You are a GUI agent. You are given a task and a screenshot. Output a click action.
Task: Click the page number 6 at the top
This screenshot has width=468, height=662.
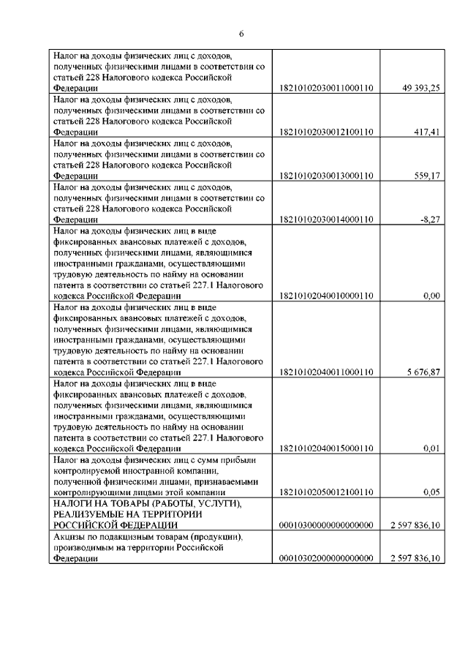coord(241,33)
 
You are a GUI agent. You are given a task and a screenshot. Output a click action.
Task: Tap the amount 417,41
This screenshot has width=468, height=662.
coord(426,132)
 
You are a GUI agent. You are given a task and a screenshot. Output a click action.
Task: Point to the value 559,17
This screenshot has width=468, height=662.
coord(426,176)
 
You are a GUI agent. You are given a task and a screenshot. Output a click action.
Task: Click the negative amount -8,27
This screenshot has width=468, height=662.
coord(429,219)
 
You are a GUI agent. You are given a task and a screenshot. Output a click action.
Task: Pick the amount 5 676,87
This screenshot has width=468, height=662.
coord(420,372)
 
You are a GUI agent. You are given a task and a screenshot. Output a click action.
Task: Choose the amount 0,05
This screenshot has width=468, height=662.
coord(431,493)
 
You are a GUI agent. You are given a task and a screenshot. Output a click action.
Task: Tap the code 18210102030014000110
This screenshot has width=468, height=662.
coord(326,219)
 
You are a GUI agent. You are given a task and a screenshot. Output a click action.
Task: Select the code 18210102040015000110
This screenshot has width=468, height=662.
coord(326,448)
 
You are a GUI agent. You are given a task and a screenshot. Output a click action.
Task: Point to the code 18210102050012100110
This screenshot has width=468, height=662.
coord(326,493)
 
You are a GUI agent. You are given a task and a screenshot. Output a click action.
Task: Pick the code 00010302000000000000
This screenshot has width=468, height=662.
coord(326,559)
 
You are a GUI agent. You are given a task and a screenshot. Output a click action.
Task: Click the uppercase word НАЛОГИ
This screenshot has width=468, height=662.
coord(72,504)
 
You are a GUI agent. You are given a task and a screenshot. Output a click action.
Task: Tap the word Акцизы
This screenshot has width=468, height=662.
coord(69,537)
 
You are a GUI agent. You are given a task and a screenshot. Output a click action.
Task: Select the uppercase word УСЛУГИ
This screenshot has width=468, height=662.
coord(235,504)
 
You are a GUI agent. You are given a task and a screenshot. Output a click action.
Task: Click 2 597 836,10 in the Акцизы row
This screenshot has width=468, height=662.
coord(415,559)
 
